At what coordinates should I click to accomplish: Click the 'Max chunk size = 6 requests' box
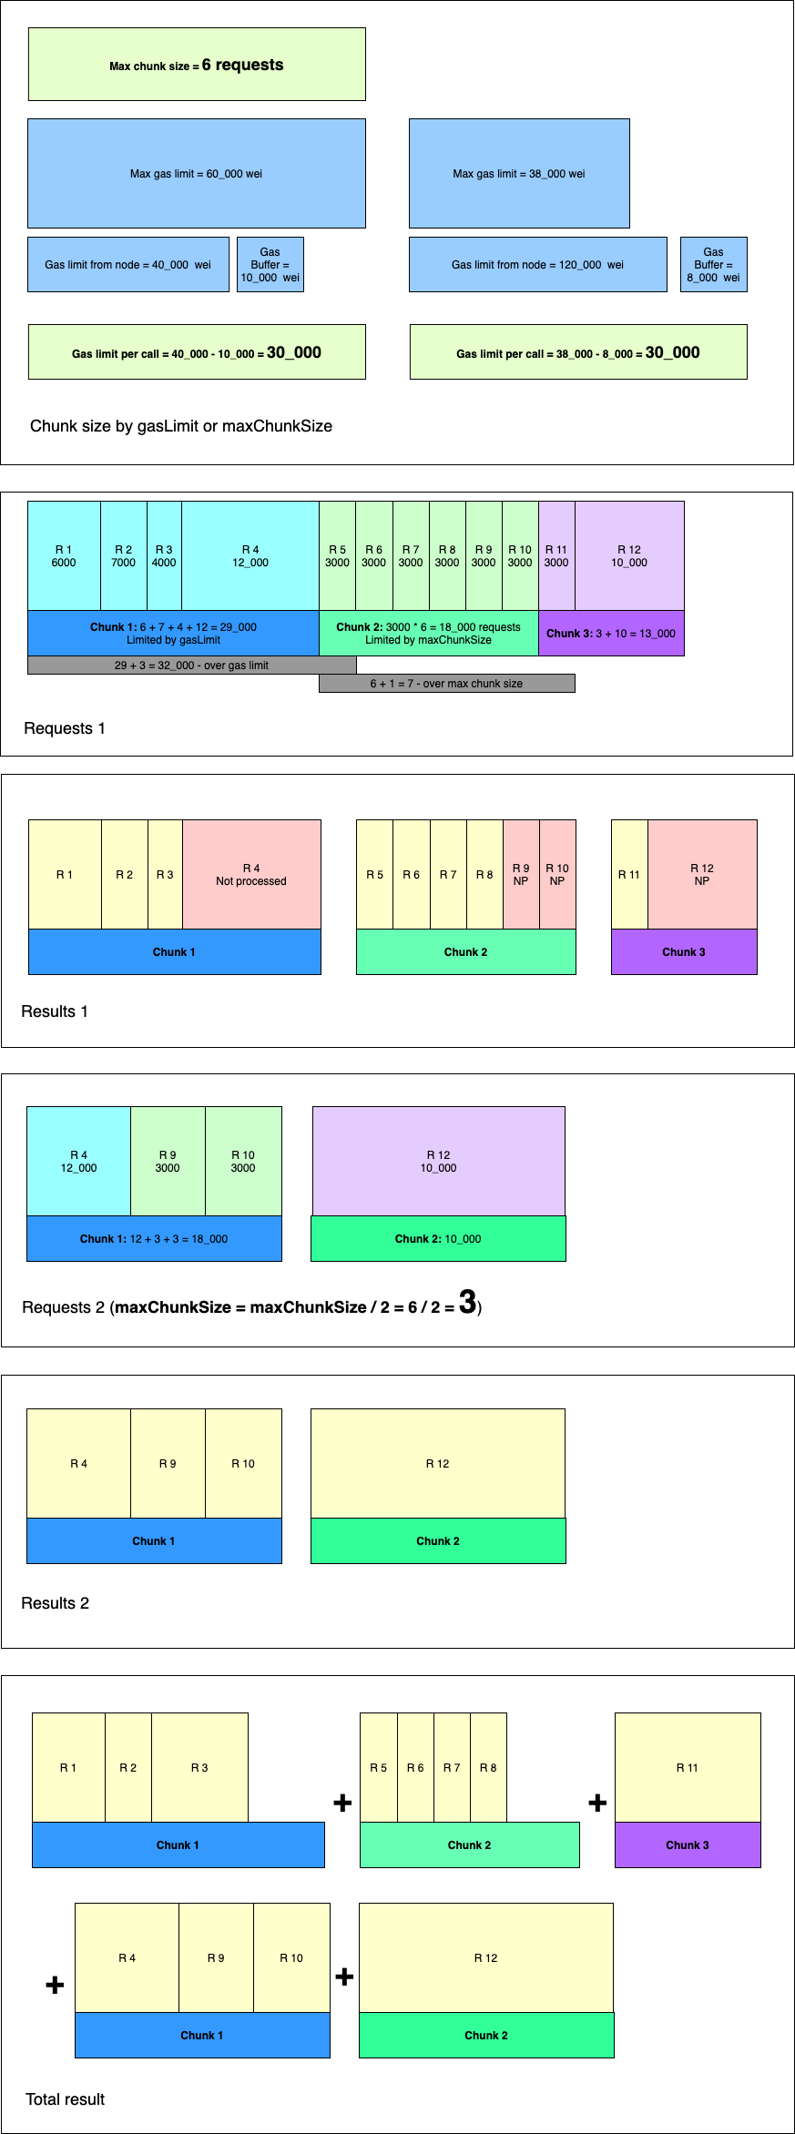click(x=197, y=65)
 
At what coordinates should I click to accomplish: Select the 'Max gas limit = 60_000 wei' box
click(x=197, y=173)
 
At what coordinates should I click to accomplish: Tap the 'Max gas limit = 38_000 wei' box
click(x=519, y=173)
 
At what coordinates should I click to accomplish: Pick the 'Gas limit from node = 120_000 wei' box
click(x=537, y=265)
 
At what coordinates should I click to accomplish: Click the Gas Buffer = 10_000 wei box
click(x=270, y=265)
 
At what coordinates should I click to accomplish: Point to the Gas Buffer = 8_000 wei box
click(x=713, y=265)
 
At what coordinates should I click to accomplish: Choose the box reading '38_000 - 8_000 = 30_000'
click(x=578, y=352)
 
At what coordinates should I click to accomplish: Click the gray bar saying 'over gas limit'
click(x=191, y=666)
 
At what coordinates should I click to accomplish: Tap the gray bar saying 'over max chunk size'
click(x=446, y=684)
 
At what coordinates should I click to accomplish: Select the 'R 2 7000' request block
click(x=123, y=556)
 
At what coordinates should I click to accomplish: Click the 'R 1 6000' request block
click(x=64, y=556)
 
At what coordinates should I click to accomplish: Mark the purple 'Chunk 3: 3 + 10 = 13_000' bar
click(x=611, y=634)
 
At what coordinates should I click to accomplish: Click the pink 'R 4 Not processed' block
click(x=251, y=875)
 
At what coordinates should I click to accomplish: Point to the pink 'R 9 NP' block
click(x=521, y=875)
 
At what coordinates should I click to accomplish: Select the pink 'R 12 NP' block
click(x=702, y=875)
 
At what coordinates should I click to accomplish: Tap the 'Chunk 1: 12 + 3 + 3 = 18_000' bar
click(x=154, y=1239)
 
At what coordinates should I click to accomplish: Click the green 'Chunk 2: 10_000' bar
click(x=438, y=1239)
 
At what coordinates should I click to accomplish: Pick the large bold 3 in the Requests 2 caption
click(x=467, y=1303)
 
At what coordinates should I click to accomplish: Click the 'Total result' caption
click(x=66, y=2099)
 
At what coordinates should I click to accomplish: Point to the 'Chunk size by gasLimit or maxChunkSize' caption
click(x=181, y=426)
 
